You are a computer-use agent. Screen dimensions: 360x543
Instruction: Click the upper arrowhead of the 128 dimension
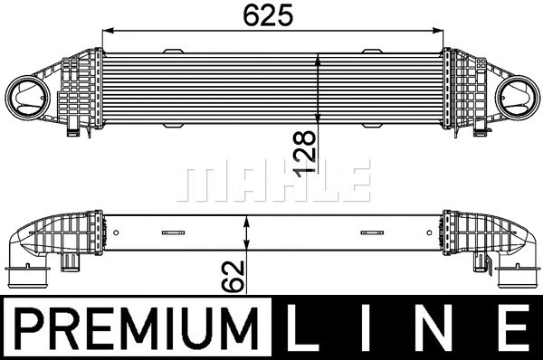click(318, 59)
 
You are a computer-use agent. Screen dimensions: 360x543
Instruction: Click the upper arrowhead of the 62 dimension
click(248, 221)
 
